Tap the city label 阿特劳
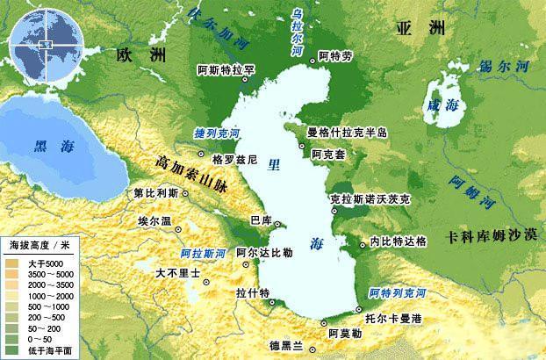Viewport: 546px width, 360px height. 335,57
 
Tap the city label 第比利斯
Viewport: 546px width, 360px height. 154,192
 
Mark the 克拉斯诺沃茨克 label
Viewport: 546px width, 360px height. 370,199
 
